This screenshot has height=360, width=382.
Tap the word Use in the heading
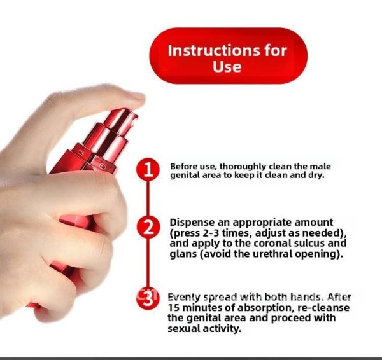pyautogui.click(x=227, y=66)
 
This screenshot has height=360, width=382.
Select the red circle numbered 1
pyautogui.click(x=148, y=169)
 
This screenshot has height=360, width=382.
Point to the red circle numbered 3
pyautogui.click(x=148, y=298)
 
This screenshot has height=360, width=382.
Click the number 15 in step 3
pyautogui.click(x=173, y=308)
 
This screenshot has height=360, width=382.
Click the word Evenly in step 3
pyautogui.click(x=184, y=298)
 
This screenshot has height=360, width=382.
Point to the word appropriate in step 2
pyautogui.click(x=262, y=223)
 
